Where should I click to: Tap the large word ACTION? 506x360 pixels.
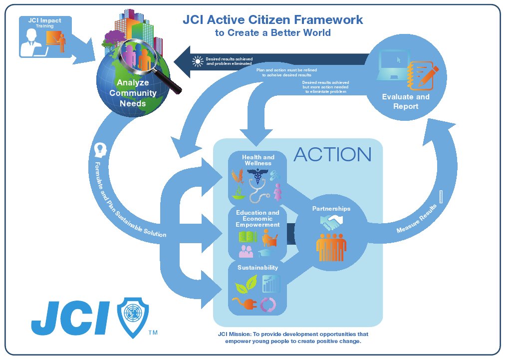332,155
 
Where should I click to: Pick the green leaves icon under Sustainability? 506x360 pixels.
246,285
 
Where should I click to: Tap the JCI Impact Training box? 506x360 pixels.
45,37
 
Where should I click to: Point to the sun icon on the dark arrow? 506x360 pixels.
198,62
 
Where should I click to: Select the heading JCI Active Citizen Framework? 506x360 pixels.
272,20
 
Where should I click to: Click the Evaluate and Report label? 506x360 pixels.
406,101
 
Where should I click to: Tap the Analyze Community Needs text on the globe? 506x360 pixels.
133,93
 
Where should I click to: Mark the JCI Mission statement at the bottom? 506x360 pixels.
293,338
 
